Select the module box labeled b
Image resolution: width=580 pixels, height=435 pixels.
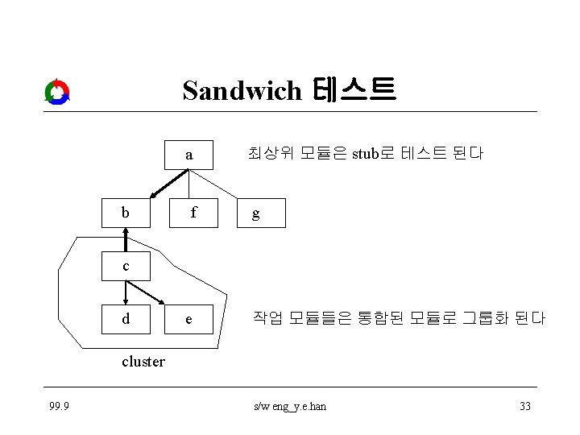click(x=125, y=213)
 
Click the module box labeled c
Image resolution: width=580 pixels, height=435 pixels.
click(x=125, y=266)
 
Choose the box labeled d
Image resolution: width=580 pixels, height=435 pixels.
click(x=125, y=319)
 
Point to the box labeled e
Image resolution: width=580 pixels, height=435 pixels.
click(x=189, y=319)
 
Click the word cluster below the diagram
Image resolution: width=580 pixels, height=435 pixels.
click(x=143, y=362)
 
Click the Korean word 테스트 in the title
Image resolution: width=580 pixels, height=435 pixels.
click(x=357, y=89)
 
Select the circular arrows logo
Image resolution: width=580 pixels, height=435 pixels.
click(x=57, y=92)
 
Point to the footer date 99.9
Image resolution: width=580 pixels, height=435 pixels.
click(x=57, y=406)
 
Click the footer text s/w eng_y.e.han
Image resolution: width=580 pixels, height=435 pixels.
click(x=289, y=406)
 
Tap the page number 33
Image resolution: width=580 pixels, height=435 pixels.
click(x=524, y=406)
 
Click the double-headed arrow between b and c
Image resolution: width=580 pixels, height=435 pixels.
click(x=125, y=239)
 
